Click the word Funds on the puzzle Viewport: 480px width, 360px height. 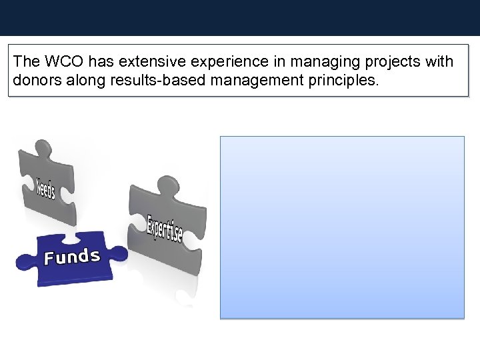(72, 257)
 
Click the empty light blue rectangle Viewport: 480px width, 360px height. (342, 227)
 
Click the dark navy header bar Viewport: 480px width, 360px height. (240, 17)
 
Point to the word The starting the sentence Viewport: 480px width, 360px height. (27, 62)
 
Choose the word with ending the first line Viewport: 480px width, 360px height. (438, 62)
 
